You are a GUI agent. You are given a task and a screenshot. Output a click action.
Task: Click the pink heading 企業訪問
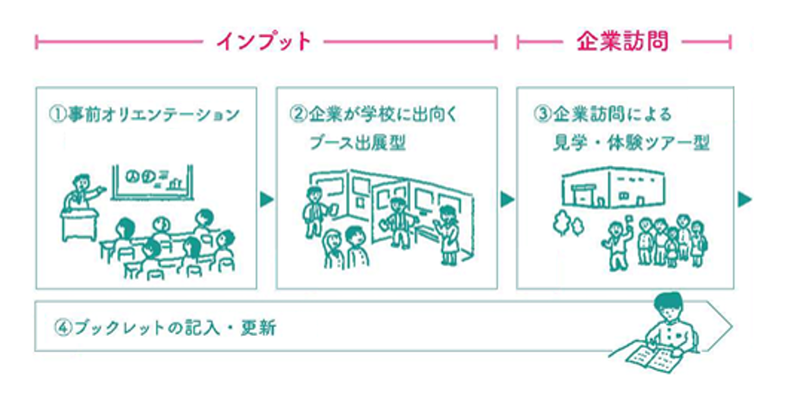[623, 41]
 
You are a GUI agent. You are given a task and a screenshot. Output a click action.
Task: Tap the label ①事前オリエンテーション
[145, 116]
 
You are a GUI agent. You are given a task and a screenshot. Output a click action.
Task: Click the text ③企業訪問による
[603, 116]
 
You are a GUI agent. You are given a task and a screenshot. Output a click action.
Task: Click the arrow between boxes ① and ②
[266, 199]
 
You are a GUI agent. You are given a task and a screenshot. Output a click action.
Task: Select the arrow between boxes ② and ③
[506, 199]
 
